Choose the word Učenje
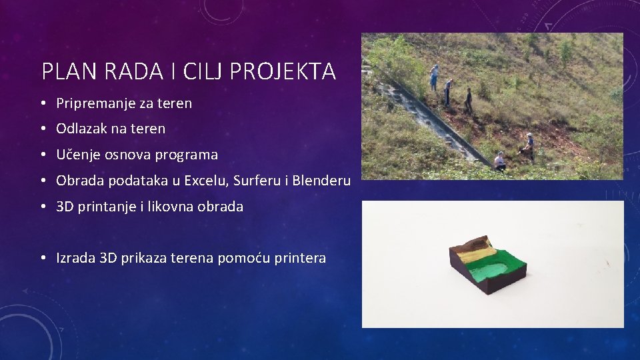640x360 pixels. pos(77,155)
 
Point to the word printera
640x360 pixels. pos(300,258)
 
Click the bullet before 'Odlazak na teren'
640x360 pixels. pos(42,129)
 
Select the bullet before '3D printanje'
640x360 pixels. pos(42,207)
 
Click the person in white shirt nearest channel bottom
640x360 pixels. pos(499,161)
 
